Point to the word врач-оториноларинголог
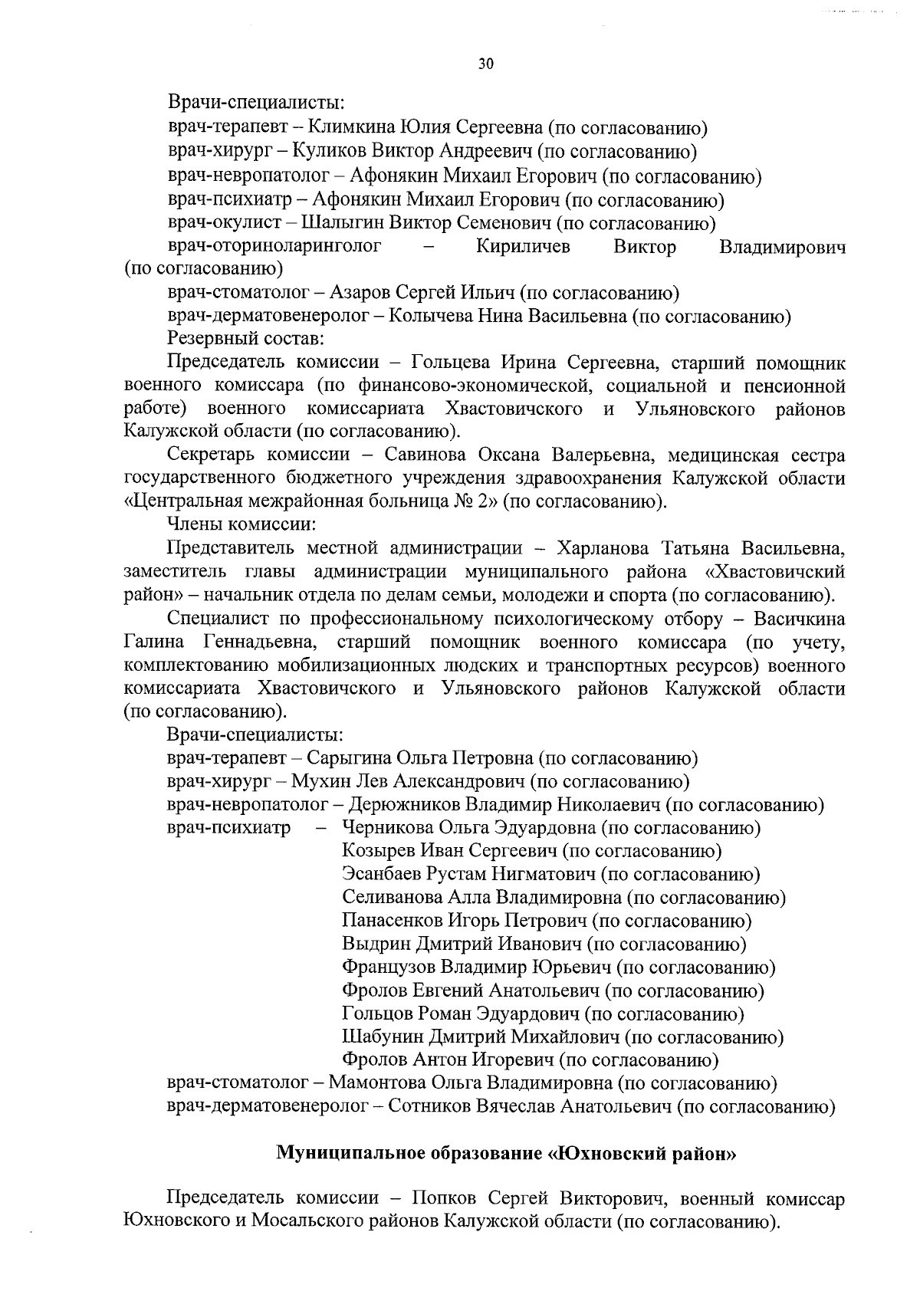tap(274, 247)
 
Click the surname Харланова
tap(605, 549)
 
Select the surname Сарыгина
tap(348, 758)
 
